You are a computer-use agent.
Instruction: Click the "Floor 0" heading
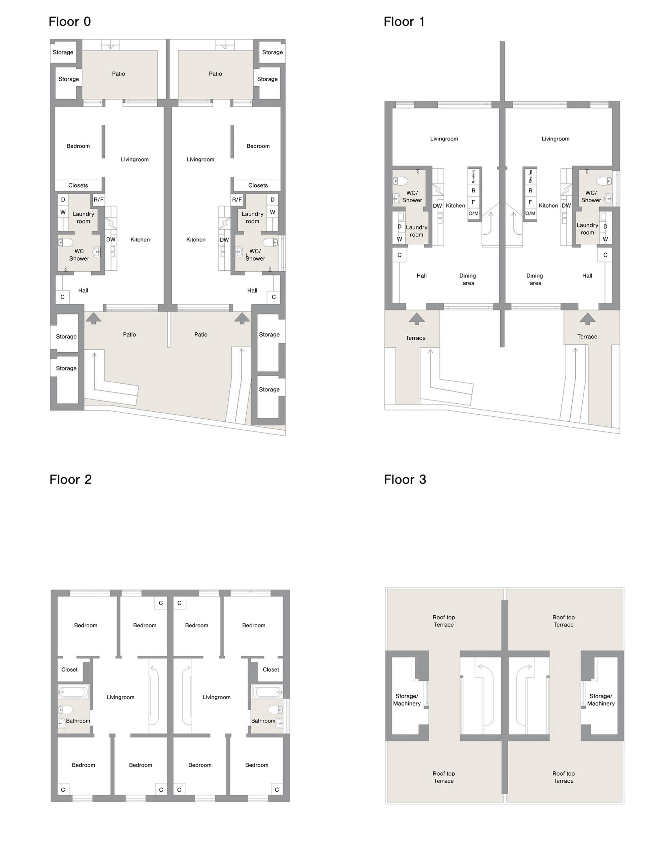(69, 21)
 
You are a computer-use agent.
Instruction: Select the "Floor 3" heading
(405, 479)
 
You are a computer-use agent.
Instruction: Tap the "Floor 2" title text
(70, 479)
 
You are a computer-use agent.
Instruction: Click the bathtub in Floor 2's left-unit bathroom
(73, 692)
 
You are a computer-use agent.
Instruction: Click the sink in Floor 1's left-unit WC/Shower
(396, 199)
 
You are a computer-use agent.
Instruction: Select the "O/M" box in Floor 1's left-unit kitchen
(473, 213)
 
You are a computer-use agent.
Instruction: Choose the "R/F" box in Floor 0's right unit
(237, 200)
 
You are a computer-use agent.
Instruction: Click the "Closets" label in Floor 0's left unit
(78, 185)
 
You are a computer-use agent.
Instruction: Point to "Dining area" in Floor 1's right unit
(535, 279)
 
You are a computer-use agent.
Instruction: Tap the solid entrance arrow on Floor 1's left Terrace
(417, 319)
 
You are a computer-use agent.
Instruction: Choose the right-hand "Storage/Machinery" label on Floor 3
(601, 700)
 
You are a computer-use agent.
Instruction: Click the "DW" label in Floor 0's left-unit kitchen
(111, 239)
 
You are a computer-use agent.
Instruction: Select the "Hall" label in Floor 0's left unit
(83, 291)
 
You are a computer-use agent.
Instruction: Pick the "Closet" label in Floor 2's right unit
(271, 669)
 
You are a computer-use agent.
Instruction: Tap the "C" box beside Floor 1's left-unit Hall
(399, 255)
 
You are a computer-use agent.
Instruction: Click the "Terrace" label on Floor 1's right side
(587, 337)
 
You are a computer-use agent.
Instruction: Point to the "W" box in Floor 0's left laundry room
(63, 212)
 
